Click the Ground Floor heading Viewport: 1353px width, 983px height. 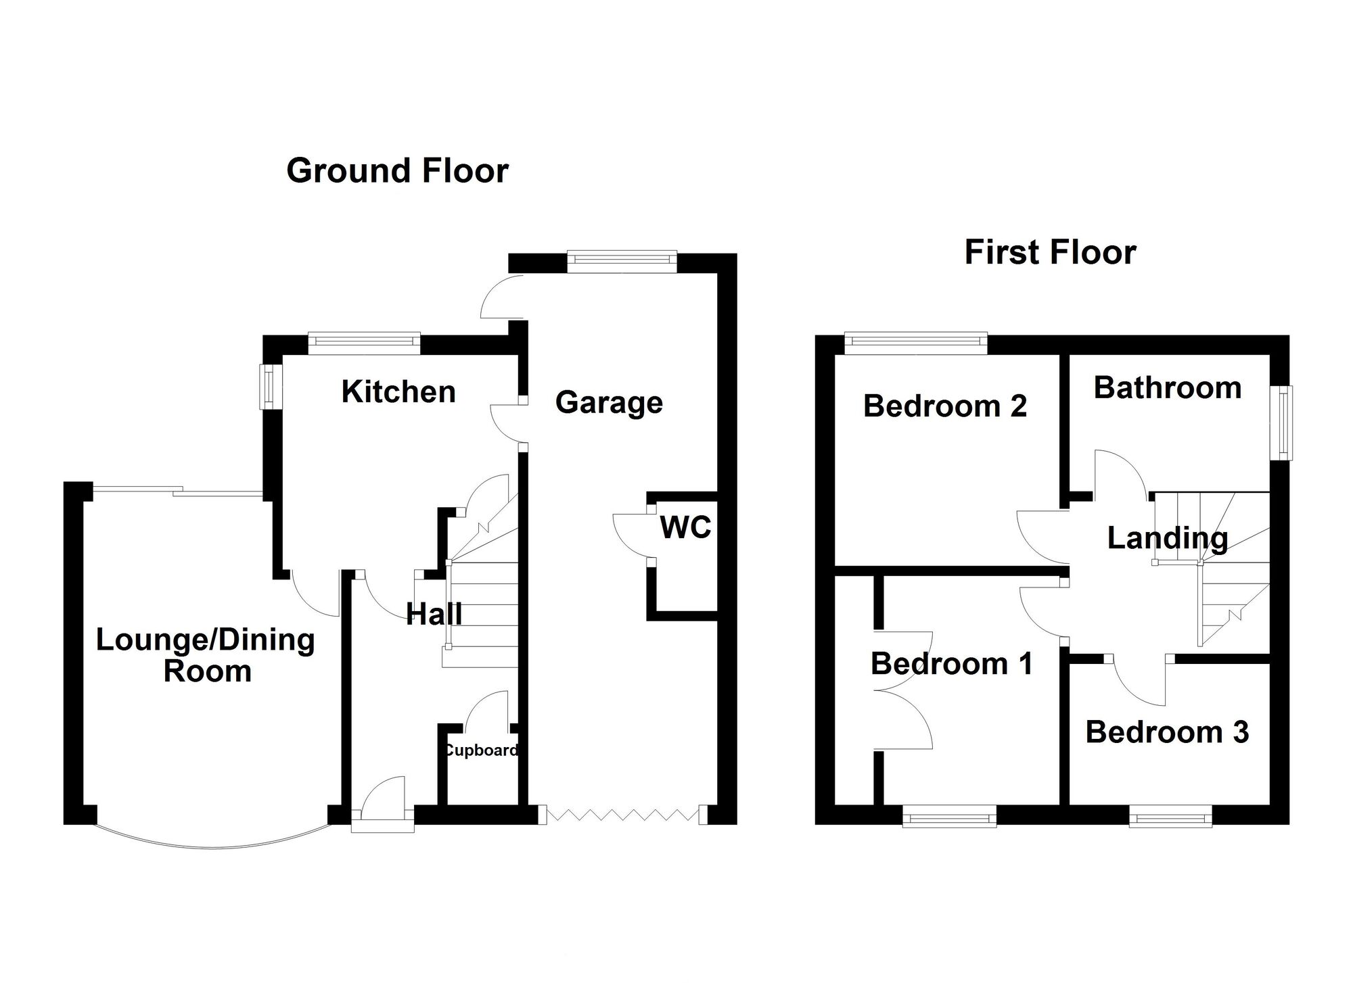tap(397, 170)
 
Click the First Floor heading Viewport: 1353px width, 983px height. tap(1050, 252)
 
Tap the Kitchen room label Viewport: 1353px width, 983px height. tap(398, 391)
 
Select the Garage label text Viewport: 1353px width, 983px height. tap(609, 403)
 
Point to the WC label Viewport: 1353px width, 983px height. tap(685, 527)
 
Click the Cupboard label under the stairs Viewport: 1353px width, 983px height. tap(482, 750)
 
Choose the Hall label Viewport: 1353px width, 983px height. tap(434, 614)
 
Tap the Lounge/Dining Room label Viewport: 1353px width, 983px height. tap(206, 655)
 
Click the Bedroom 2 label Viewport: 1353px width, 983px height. tap(945, 406)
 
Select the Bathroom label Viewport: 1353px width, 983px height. tap(1168, 387)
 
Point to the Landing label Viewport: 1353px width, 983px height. tap(1168, 539)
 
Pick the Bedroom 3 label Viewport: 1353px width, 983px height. tap(1167, 732)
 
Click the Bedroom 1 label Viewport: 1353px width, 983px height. tap(952, 664)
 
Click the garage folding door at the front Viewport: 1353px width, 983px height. tap(623, 814)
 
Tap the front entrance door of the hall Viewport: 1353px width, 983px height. tap(383, 801)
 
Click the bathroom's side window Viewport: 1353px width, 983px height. tap(1281, 423)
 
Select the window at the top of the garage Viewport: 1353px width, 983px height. tap(621, 262)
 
